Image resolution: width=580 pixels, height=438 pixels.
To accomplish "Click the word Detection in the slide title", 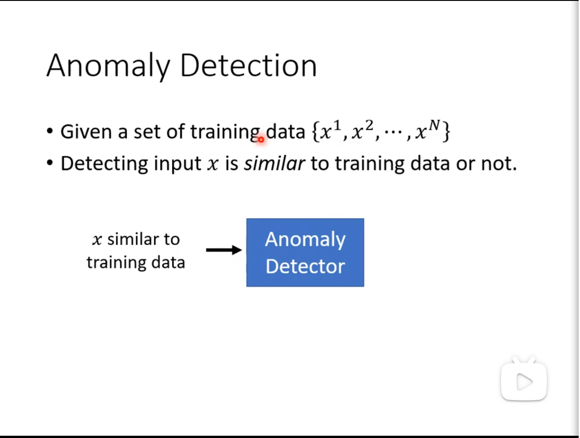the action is pyautogui.click(x=249, y=65).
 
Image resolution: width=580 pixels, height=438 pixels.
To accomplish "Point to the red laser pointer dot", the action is pyautogui.click(x=261, y=140).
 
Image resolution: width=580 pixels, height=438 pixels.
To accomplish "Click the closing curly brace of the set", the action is pyautogui.click(x=446, y=131).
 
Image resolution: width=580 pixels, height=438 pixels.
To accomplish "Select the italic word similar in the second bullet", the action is pyautogui.click(x=274, y=163).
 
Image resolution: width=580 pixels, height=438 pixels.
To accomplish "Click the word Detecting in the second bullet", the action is pyautogui.click(x=104, y=164).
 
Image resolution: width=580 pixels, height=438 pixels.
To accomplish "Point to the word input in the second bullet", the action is pyautogui.click(x=178, y=165).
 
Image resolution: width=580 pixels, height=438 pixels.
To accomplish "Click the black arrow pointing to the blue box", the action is pyautogui.click(x=224, y=250).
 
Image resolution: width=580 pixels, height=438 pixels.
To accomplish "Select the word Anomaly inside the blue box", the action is pyautogui.click(x=305, y=240).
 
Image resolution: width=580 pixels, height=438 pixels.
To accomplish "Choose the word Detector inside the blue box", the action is pyautogui.click(x=305, y=266).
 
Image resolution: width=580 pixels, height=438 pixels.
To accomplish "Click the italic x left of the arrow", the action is pyautogui.click(x=97, y=240).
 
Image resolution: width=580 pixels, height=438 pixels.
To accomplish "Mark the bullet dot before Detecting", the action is pyautogui.click(x=50, y=163).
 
